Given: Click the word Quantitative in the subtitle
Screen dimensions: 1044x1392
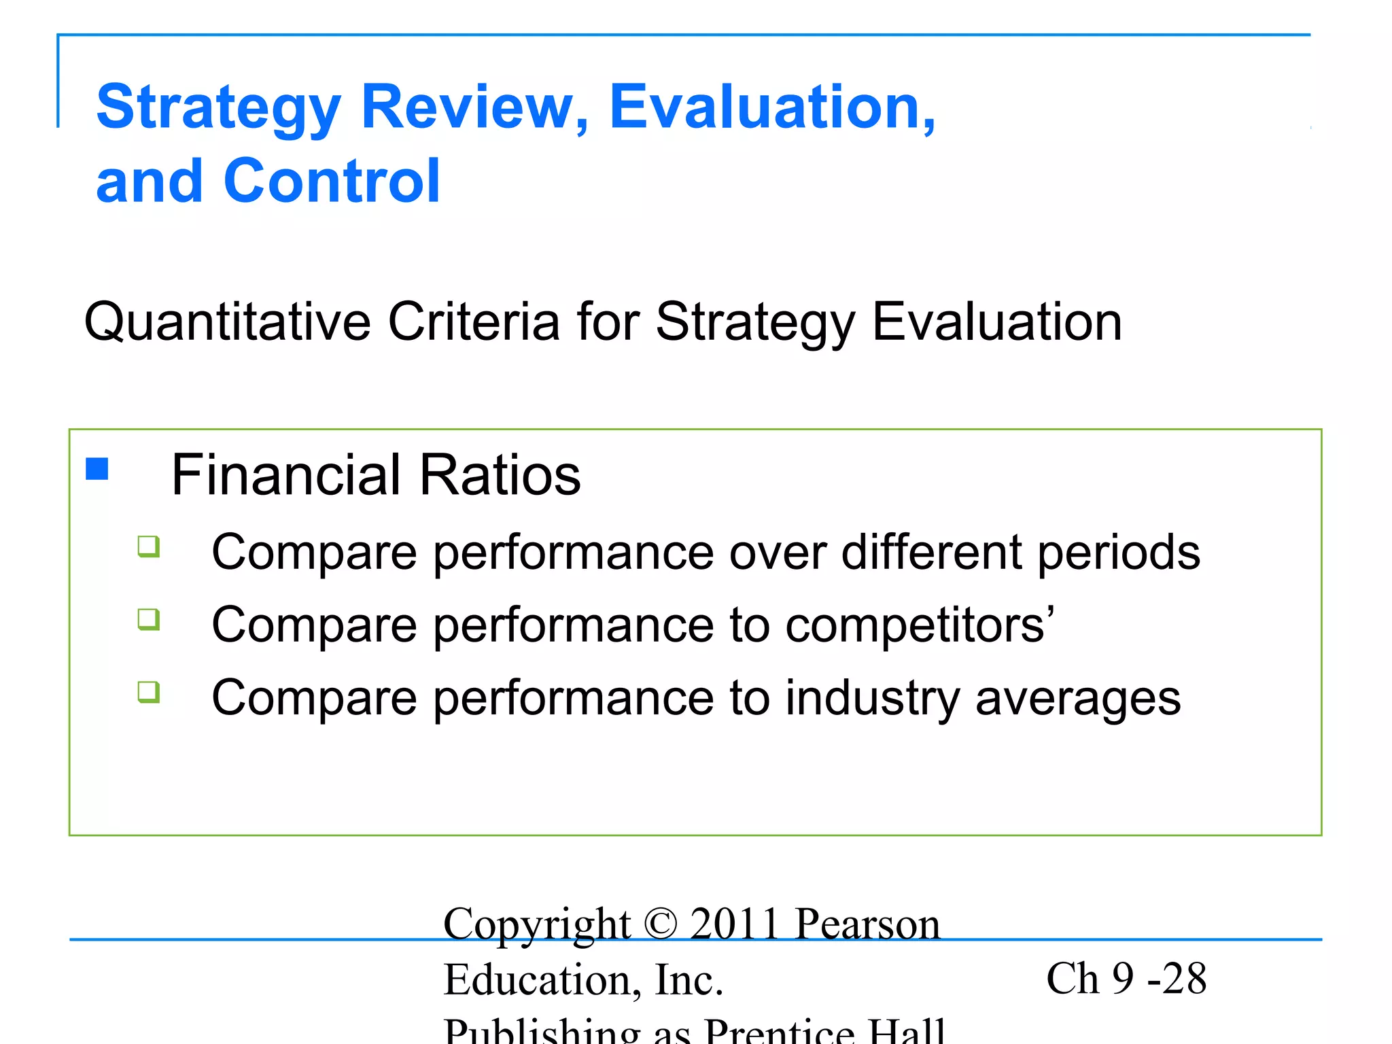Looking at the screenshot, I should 227,322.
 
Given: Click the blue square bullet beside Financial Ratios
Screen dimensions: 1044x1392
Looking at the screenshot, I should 97,469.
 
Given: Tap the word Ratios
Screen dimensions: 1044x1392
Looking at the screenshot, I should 500,474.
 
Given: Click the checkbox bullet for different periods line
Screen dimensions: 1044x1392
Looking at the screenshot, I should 149,546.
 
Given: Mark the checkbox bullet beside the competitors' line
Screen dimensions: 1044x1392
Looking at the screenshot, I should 149,619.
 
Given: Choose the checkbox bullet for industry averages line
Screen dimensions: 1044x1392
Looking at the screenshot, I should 149,692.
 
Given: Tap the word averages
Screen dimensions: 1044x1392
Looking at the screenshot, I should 1078,699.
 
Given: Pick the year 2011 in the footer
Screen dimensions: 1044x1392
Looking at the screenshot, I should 734,924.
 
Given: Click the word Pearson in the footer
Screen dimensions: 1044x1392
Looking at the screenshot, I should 868,924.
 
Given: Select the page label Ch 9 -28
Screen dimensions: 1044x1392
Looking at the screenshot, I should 1126,979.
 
